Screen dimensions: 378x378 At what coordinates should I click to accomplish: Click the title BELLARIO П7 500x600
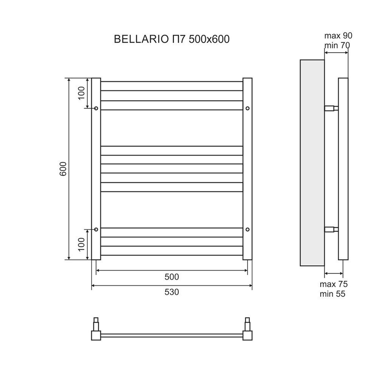[x=171, y=39]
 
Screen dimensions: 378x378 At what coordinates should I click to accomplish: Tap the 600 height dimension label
[x=63, y=169]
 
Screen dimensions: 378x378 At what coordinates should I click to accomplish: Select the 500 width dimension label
[x=172, y=277]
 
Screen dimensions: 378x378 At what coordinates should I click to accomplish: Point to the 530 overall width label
[x=172, y=292]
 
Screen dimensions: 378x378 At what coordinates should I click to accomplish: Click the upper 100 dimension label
[x=82, y=93]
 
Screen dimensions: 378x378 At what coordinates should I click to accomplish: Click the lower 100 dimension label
[x=82, y=244]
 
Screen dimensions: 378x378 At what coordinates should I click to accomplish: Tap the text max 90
[x=338, y=36]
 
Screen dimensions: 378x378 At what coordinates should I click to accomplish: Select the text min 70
[x=337, y=45]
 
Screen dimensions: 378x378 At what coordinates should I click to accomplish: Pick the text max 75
[x=334, y=284]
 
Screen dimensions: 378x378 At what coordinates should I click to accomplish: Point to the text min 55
[x=332, y=294]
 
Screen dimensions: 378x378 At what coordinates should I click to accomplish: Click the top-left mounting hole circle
[x=96, y=108]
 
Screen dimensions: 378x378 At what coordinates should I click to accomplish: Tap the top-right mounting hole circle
[x=247, y=108]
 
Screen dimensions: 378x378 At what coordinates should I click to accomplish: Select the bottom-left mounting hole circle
[x=96, y=229]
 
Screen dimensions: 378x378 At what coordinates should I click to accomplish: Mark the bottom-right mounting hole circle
[x=247, y=229]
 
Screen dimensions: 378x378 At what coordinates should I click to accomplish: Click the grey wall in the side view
[x=312, y=163]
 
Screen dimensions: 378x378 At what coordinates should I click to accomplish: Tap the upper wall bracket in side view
[x=331, y=108]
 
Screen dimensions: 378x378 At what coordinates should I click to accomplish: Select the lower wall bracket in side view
[x=331, y=229]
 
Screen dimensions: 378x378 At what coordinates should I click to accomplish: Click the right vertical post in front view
[x=247, y=169]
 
